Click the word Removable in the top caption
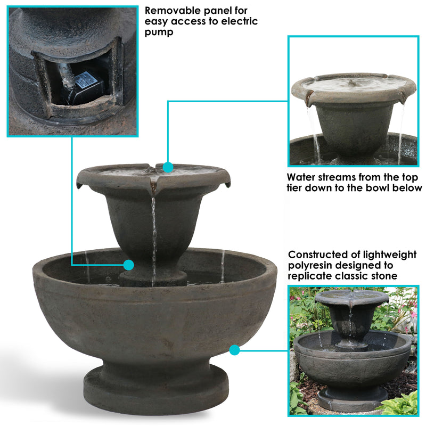click(x=171, y=10)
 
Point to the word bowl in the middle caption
click(x=373, y=188)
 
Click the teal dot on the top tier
click(x=168, y=168)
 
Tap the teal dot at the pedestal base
click(x=128, y=265)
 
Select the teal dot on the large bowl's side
click(x=234, y=350)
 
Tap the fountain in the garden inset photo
click(x=352, y=346)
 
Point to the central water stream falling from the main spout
click(x=154, y=234)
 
